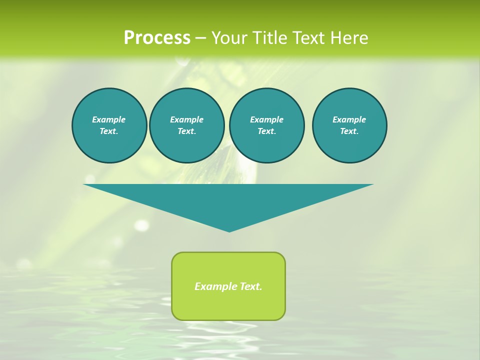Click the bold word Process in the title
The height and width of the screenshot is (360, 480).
[x=157, y=38]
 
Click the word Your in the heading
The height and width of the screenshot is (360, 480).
[x=230, y=38]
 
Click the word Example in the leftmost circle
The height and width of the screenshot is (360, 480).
[x=109, y=119]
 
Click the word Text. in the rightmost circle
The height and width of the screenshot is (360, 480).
[x=349, y=131]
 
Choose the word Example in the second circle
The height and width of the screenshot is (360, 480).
[x=186, y=119]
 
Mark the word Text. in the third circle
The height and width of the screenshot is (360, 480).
[x=266, y=131]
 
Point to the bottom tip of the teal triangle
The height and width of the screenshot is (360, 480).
[x=229, y=230]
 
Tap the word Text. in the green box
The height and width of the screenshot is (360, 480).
[x=250, y=286]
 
